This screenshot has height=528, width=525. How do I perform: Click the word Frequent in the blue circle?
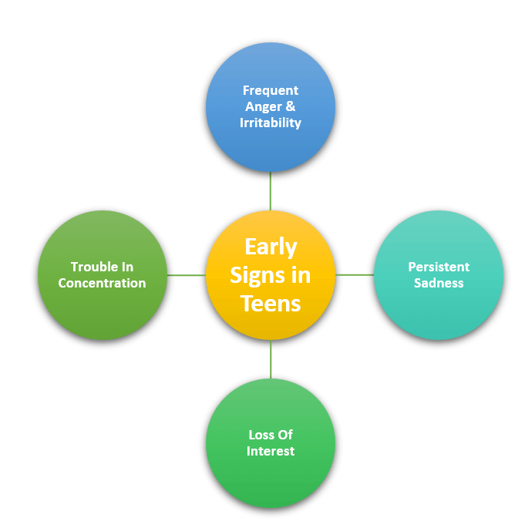click(271, 90)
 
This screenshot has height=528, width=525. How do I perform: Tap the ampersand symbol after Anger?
click(291, 106)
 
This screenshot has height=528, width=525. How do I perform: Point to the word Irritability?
click(271, 123)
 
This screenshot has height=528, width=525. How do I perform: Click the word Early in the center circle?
click(271, 247)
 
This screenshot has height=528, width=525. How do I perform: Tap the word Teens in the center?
click(271, 304)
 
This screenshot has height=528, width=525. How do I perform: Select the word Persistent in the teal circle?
click(439, 267)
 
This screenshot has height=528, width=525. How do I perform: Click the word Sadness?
click(439, 283)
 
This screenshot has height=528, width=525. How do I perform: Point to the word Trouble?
click(92, 267)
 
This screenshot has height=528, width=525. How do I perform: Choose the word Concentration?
click(103, 283)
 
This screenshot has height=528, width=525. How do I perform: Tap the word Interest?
click(271, 451)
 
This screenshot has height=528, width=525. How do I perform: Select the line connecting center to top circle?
click(271, 191)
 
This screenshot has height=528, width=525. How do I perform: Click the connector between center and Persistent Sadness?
click(355, 274)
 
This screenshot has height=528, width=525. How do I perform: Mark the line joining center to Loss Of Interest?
click(271, 359)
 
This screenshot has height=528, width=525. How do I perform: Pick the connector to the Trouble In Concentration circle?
click(187, 275)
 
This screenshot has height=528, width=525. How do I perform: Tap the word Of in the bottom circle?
click(286, 435)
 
